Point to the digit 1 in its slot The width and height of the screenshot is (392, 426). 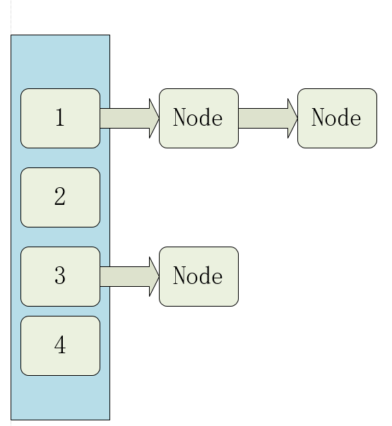[60, 118]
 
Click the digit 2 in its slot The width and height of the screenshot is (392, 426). [60, 197]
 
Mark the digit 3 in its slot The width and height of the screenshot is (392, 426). [60, 276]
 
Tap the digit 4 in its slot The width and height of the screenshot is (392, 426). [60, 345]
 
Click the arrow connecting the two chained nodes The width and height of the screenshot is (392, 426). [264, 118]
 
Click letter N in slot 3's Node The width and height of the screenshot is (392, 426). [178, 276]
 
